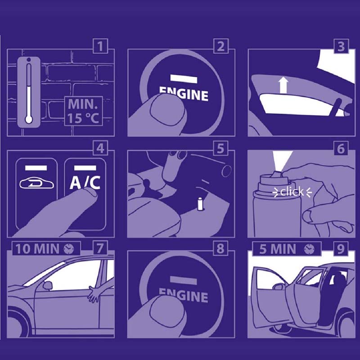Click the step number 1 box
click(100, 46)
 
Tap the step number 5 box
click(220, 148)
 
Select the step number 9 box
click(341, 248)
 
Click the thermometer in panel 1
click(29, 91)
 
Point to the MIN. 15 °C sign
click(84, 111)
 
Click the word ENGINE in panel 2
click(184, 94)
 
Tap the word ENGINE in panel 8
click(184, 295)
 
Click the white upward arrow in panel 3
click(284, 85)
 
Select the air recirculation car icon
click(37, 184)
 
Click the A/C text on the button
click(85, 183)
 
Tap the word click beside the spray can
click(292, 192)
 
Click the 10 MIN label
click(37, 249)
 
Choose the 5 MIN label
click(278, 249)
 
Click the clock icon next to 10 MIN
click(69, 249)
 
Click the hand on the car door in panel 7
click(94, 294)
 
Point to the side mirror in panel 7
click(48, 285)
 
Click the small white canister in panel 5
click(200, 204)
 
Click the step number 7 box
click(100, 248)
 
